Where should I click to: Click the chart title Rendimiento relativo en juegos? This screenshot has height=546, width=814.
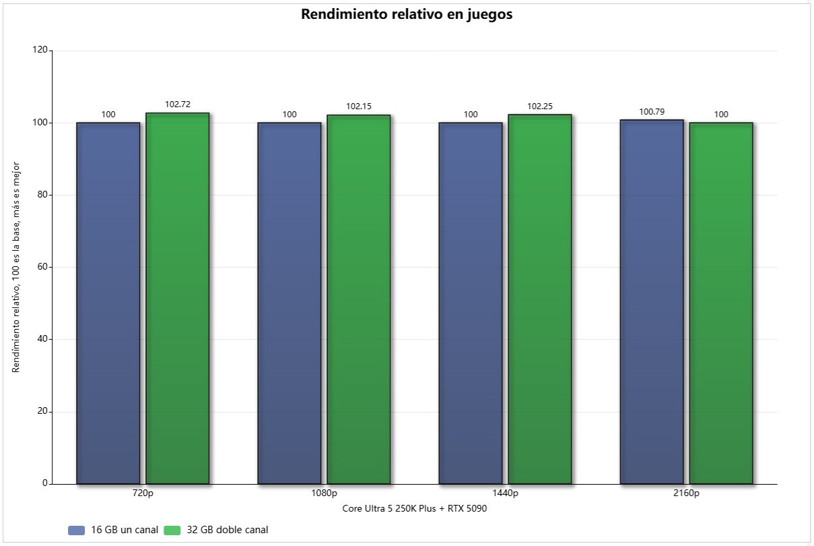pyautogui.click(x=407, y=15)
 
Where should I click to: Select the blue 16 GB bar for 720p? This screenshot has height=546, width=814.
pyautogui.click(x=108, y=303)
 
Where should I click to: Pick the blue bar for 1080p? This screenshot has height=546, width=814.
pyautogui.click(x=290, y=303)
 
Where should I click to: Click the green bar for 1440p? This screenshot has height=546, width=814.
pyautogui.click(x=540, y=299)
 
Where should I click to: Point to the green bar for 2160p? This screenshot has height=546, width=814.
pyautogui.click(x=721, y=303)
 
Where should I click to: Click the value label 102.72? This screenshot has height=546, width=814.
pyautogui.click(x=178, y=104)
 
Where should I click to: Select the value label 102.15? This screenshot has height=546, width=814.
pyautogui.click(x=359, y=107)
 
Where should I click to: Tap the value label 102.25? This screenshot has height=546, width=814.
pyautogui.click(x=540, y=106)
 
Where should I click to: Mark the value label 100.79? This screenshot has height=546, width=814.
pyautogui.click(x=652, y=111)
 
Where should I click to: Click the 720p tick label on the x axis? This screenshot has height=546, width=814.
pyautogui.click(x=143, y=493)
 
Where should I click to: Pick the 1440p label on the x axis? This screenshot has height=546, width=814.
pyautogui.click(x=506, y=493)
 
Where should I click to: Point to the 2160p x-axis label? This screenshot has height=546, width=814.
pyautogui.click(x=687, y=493)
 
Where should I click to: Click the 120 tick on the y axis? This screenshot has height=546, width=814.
pyautogui.click(x=40, y=51)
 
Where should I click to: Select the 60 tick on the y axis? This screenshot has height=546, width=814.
pyautogui.click(x=42, y=267)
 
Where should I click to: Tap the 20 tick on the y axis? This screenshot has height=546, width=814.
pyautogui.click(x=42, y=412)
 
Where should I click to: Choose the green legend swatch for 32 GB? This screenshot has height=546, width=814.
pyautogui.click(x=172, y=530)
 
